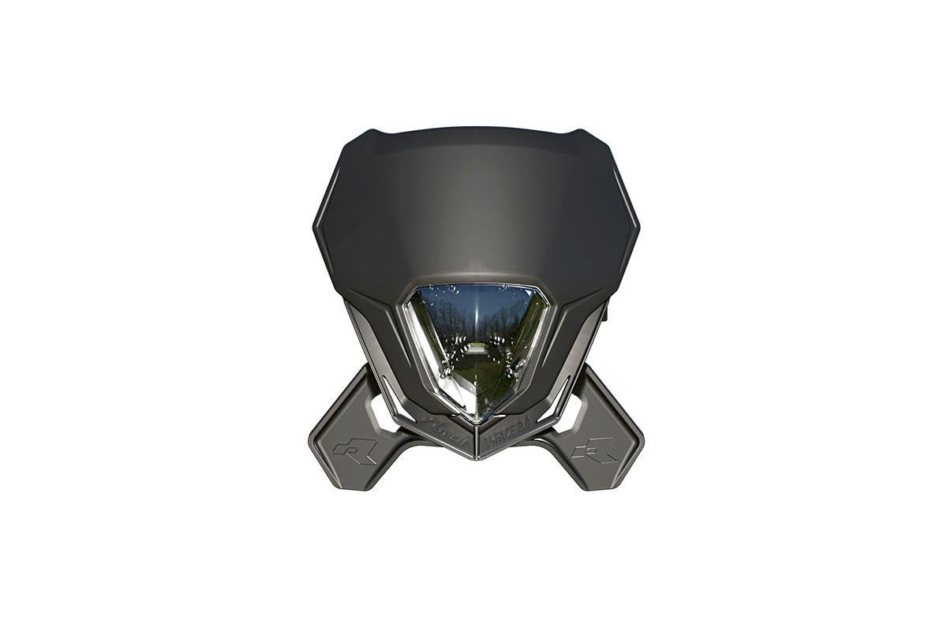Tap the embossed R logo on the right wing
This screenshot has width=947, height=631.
click(594, 450)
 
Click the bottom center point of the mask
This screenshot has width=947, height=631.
click(476, 458)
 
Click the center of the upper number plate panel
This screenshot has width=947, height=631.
click(476, 205)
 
